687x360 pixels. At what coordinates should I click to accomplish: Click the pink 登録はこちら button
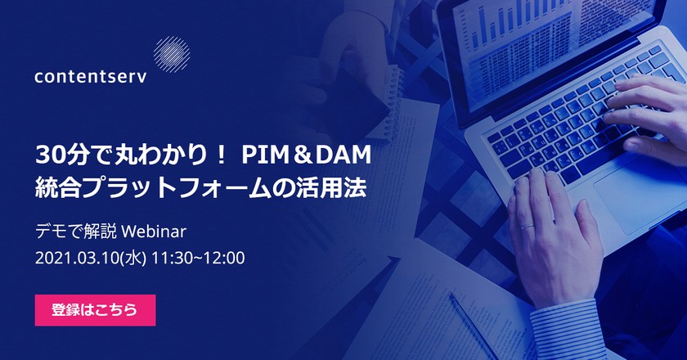tap(95, 310)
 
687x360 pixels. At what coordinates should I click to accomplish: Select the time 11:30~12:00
tap(197, 258)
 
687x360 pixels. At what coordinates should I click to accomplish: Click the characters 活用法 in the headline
tap(339, 187)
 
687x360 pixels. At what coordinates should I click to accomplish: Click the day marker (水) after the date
tap(132, 258)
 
